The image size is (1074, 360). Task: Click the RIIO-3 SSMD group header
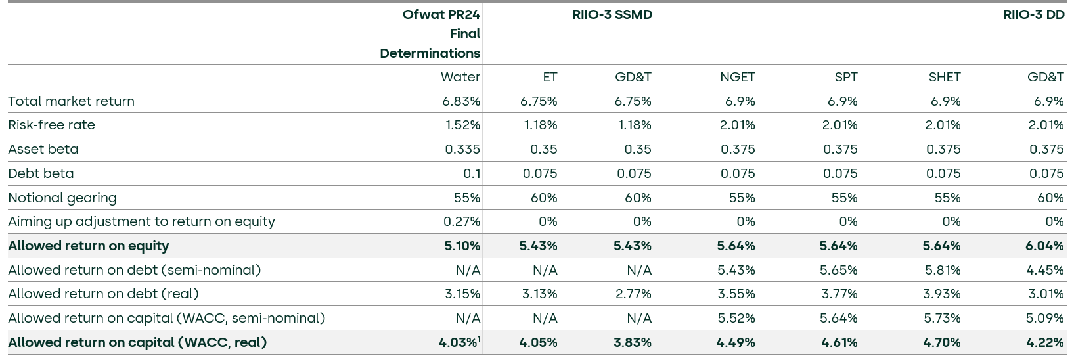point(612,14)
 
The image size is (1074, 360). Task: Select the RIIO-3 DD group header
point(1033,14)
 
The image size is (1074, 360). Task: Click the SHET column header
point(944,77)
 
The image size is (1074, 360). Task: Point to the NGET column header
point(737,77)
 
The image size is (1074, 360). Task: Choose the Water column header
point(460,77)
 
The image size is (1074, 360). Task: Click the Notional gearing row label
point(62,198)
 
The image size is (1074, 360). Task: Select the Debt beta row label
point(41,173)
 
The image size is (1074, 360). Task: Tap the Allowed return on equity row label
point(89,246)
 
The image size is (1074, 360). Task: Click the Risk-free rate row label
point(51,125)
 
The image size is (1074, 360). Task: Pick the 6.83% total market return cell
point(460,101)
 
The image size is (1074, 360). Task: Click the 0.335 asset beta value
point(462,149)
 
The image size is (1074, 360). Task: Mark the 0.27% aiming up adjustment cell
point(461,221)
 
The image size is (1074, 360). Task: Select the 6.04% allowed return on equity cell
point(1044,246)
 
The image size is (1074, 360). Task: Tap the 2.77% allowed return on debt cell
point(633,294)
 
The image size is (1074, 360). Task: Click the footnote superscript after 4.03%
point(479,338)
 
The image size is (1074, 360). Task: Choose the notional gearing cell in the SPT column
point(844,198)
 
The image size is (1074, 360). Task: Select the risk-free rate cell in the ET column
point(540,125)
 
